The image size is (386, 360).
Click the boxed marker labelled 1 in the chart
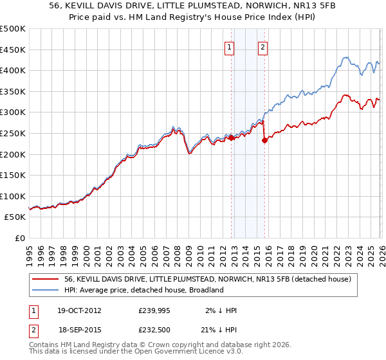[230, 46]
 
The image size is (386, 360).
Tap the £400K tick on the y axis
[13, 71]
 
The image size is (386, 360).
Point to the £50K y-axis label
[15, 217]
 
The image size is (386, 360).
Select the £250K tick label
[13, 134]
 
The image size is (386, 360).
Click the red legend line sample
[45, 279]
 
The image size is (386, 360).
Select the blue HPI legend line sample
[45, 290]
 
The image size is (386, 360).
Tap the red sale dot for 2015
[264, 141]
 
